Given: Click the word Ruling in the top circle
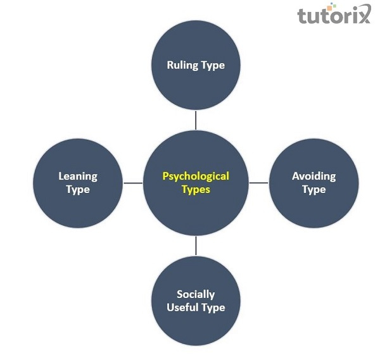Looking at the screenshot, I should (x=182, y=65).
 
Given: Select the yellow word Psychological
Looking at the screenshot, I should (x=196, y=177).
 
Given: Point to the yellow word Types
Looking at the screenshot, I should (x=196, y=189).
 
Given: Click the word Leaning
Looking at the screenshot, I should (x=78, y=177).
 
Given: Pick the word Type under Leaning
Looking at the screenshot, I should (x=78, y=189).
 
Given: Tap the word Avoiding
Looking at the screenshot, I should (x=313, y=177).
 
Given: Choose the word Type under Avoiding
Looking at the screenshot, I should (x=313, y=189).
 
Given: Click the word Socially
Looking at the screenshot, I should (x=196, y=294).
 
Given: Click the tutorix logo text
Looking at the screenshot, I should (x=334, y=15).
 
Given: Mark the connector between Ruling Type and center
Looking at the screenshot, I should (x=196, y=120).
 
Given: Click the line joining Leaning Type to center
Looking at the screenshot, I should (x=133, y=183).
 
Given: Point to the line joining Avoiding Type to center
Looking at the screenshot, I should (x=259, y=183).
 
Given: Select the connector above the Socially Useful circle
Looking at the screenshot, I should (x=196, y=246).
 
